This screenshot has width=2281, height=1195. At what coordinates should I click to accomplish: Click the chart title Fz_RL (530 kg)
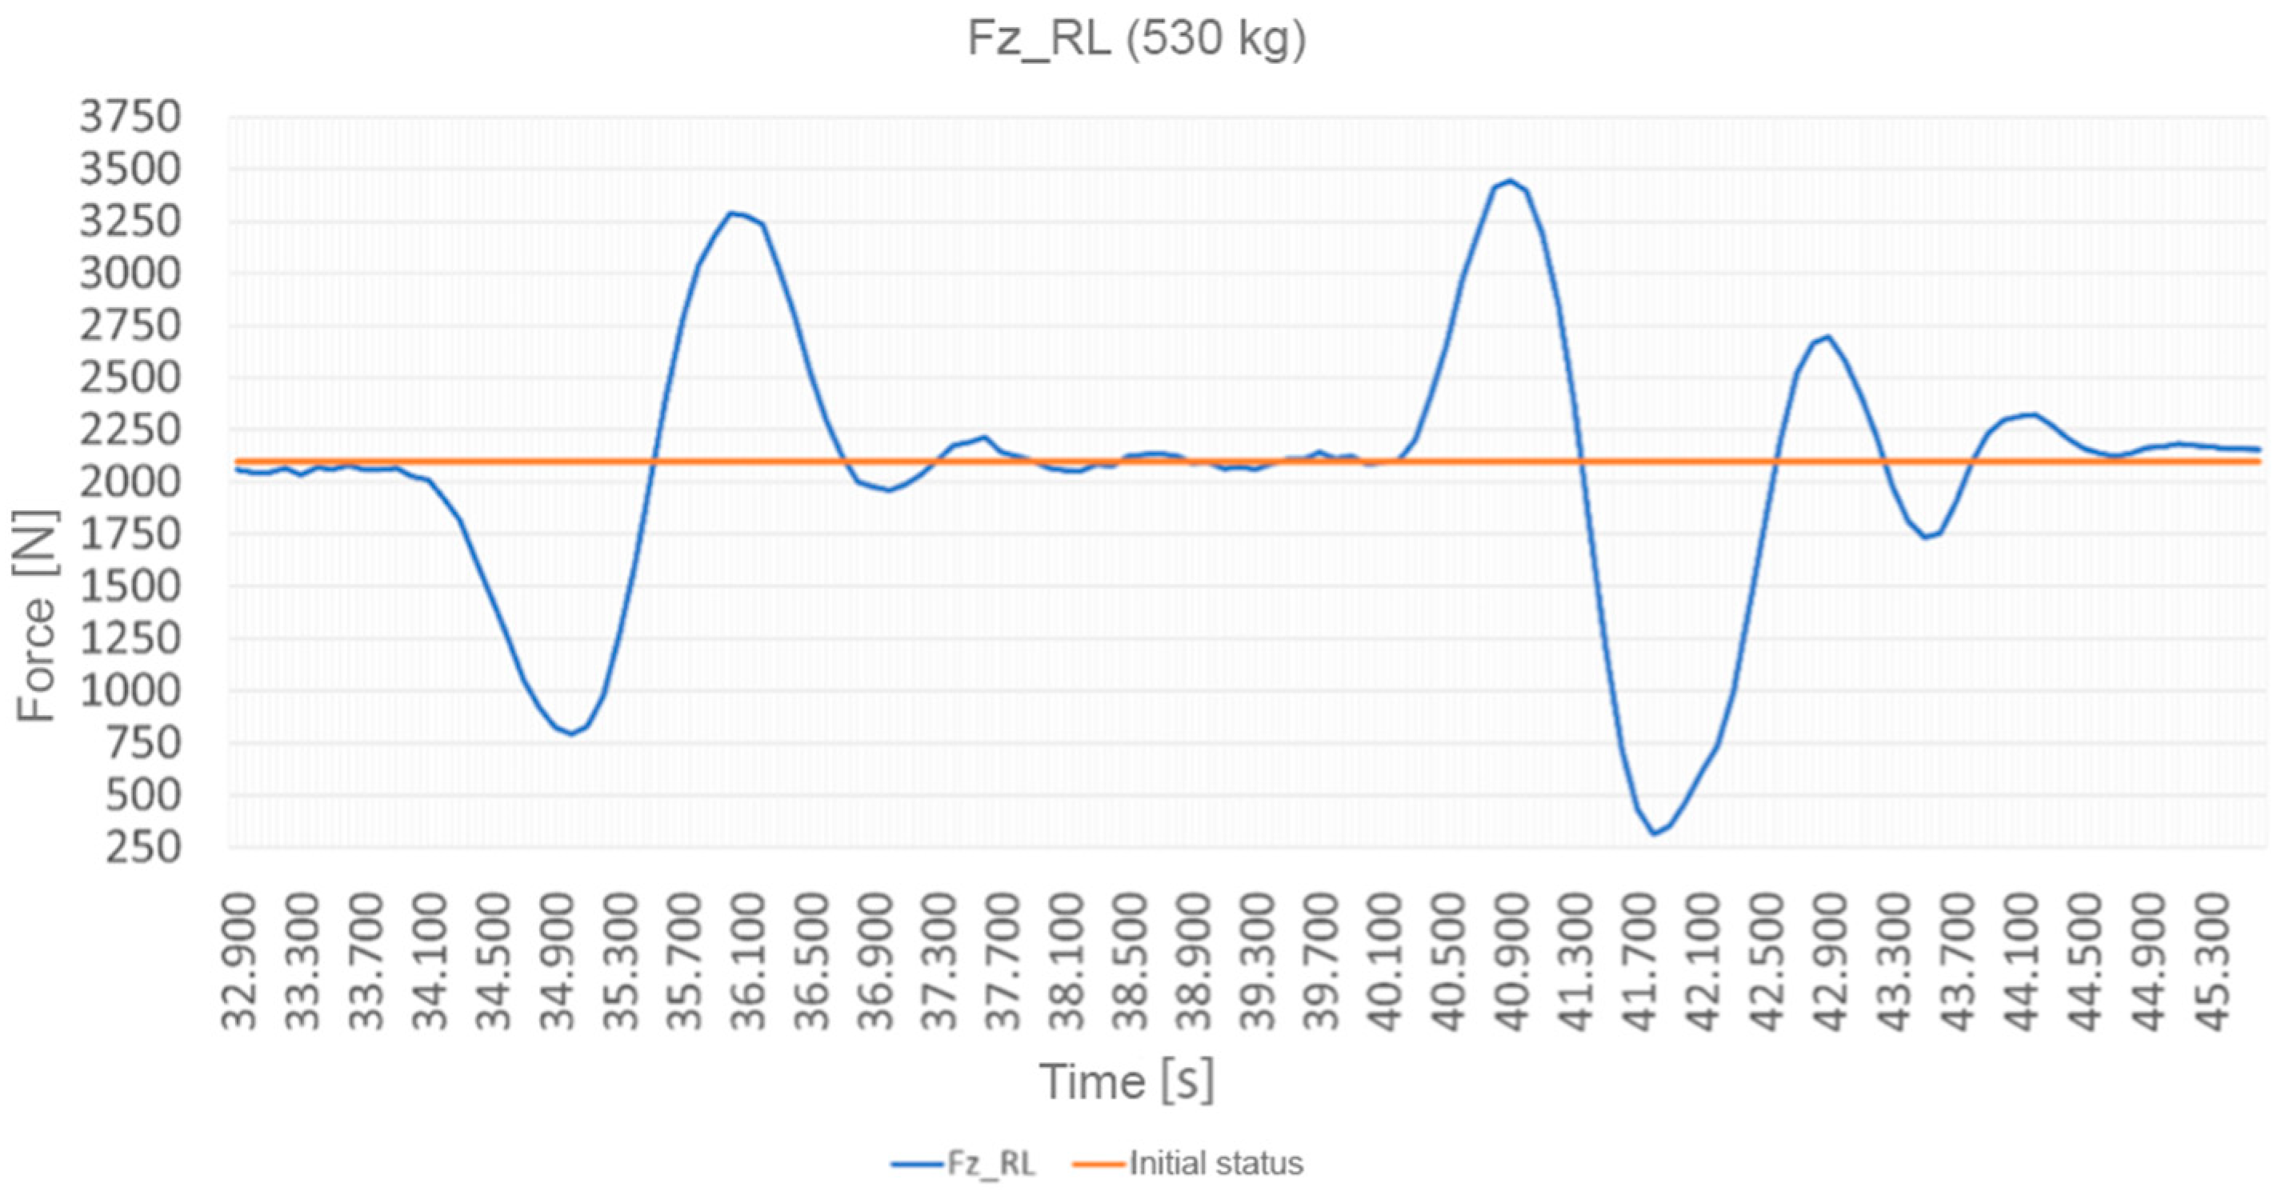pyautogui.click(x=1136, y=39)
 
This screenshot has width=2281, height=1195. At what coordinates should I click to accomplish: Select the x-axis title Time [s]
pyautogui.click(x=1126, y=1081)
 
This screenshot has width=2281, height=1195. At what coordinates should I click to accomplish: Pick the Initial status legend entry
pyautogui.click(x=1188, y=1162)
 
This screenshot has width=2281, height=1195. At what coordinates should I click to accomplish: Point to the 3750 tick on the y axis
pyautogui.click(x=130, y=118)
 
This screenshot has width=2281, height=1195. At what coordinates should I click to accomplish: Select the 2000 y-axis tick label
pyautogui.click(x=130, y=482)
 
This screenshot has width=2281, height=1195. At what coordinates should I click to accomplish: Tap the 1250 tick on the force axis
pyautogui.click(x=130, y=639)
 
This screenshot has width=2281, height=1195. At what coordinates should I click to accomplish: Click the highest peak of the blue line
pyautogui.click(x=1511, y=182)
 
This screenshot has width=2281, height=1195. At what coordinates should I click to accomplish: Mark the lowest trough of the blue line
pyautogui.click(x=1653, y=833)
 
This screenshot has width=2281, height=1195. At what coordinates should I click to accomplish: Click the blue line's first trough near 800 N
pyautogui.click(x=572, y=733)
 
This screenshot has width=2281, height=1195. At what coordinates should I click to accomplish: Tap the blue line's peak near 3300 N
pyautogui.click(x=732, y=213)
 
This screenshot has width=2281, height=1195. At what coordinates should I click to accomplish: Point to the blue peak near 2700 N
pyautogui.click(x=1827, y=337)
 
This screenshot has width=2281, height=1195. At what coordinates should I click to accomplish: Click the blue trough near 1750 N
pyautogui.click(x=1923, y=537)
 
